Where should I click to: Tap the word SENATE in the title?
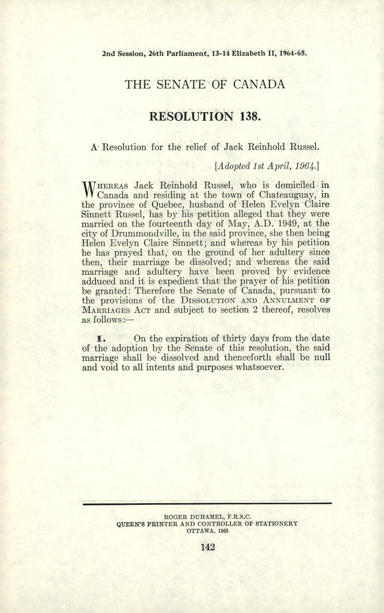pyautogui.click(x=180, y=84)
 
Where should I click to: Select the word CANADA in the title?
pyautogui.click(x=259, y=84)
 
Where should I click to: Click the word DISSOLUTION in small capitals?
pyautogui.click(x=208, y=301)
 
